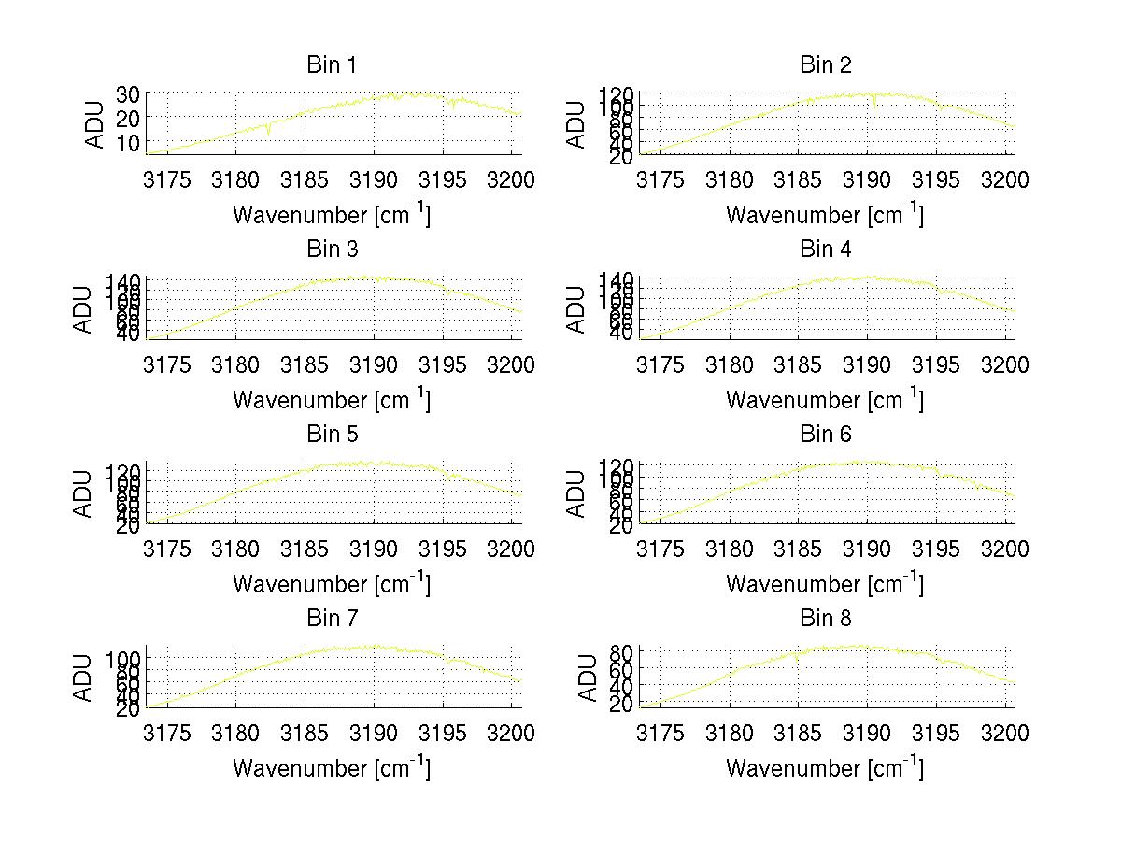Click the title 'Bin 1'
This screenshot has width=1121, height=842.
tap(331, 65)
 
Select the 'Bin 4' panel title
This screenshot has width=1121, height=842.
tap(825, 250)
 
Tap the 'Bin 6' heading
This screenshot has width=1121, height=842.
tap(825, 435)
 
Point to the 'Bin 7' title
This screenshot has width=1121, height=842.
tap(331, 619)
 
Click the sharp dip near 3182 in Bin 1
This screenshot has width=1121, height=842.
tap(269, 133)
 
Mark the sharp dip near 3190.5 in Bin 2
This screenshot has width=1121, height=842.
tap(874, 104)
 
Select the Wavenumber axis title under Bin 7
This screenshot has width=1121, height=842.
tap(331, 767)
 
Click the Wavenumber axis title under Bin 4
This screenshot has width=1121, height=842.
tap(825, 399)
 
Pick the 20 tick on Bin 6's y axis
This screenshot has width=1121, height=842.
tap(623, 526)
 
